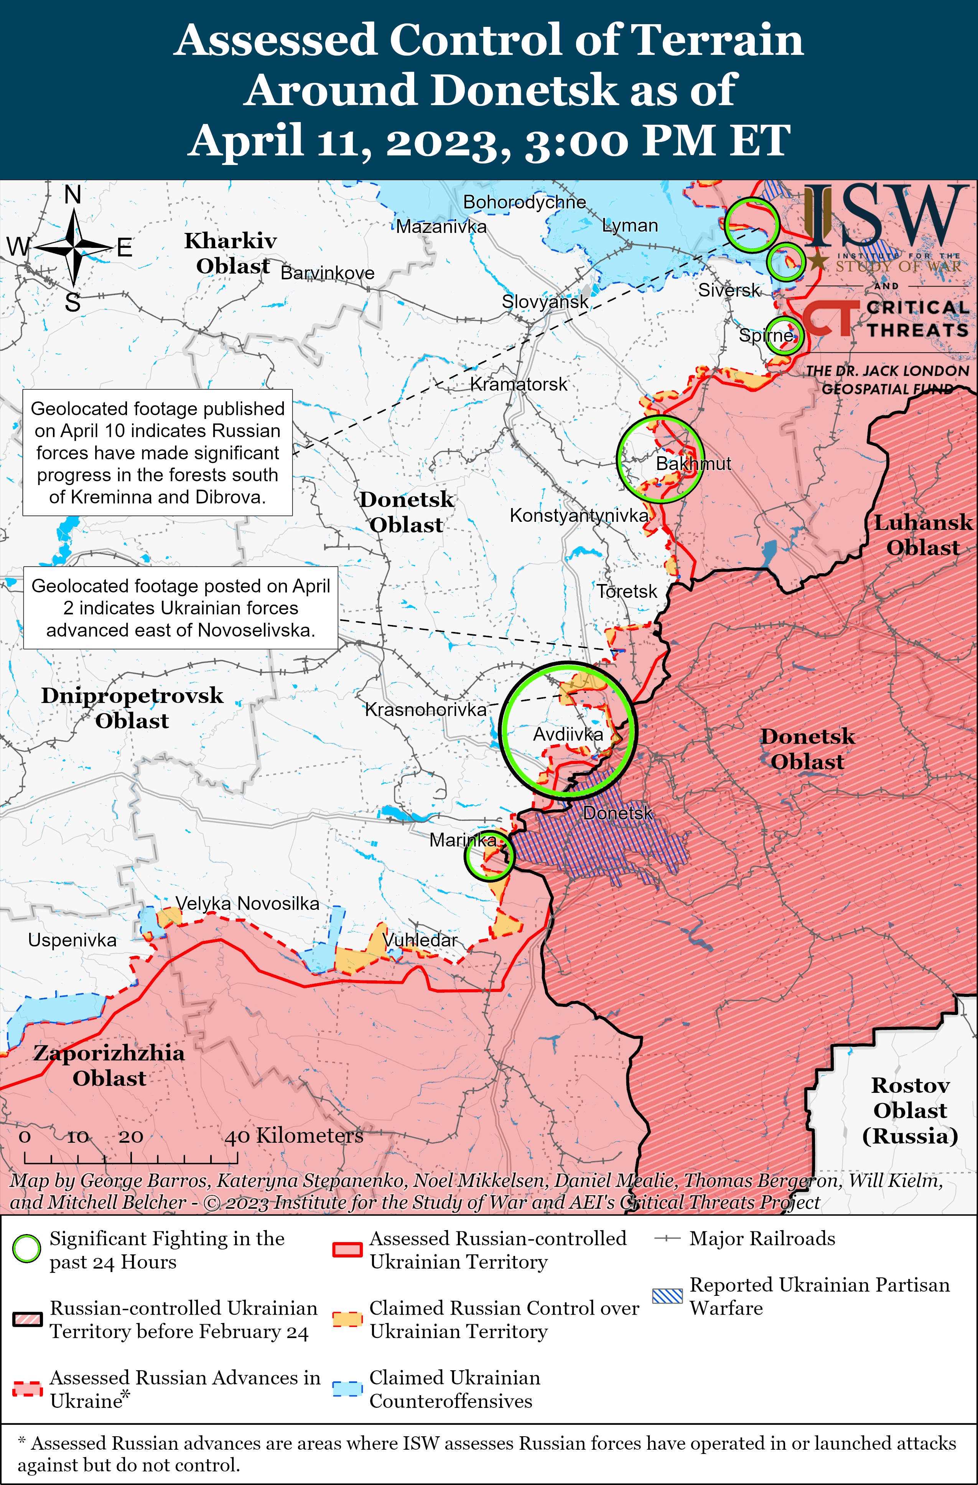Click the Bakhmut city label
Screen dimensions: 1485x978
coord(693,464)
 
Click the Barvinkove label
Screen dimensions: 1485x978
coord(328,273)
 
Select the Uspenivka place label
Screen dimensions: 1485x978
coord(72,940)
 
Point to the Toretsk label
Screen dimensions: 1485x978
coord(626,591)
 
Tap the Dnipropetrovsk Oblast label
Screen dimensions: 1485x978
coord(132,708)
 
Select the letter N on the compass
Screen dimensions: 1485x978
coord(73,195)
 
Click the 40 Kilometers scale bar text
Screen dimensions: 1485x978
coord(294,1135)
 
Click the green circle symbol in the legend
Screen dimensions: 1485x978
coord(27,1249)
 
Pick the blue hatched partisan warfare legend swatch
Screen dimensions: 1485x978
coord(667,1296)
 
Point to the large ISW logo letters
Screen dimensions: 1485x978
coord(883,215)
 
